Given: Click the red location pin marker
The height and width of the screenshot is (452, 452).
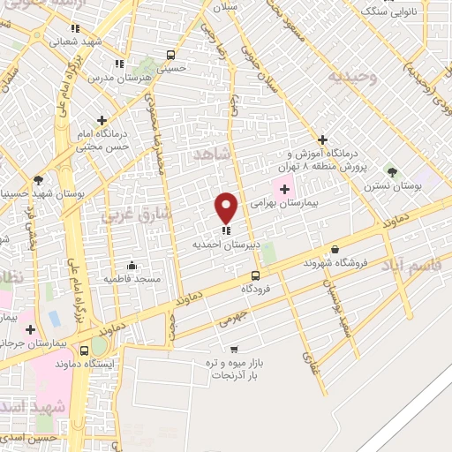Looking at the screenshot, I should click(x=227, y=207).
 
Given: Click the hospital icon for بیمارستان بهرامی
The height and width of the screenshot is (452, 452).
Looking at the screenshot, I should click(x=284, y=189).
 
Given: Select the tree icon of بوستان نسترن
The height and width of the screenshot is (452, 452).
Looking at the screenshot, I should click(x=392, y=172).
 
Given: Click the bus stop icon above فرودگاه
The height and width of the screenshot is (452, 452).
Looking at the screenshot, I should click(x=256, y=275).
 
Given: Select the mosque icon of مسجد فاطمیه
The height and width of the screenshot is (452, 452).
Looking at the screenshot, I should click(x=132, y=265).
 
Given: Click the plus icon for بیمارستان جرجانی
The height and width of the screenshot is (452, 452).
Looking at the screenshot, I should click(x=32, y=328).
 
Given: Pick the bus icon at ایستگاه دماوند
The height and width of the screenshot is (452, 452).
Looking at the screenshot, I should click(x=84, y=351).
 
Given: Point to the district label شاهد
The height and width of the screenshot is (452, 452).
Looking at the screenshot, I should click(x=210, y=155).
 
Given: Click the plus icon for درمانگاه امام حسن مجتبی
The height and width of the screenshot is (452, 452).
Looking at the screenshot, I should click(x=102, y=119).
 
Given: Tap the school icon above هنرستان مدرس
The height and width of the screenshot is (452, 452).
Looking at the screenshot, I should click(x=119, y=64).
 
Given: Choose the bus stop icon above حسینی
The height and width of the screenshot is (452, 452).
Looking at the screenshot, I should click(x=170, y=54).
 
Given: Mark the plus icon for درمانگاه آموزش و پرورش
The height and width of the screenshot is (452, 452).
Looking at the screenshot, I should click(x=323, y=139).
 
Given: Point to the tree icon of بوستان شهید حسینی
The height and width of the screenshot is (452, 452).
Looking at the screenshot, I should click(x=37, y=179).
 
